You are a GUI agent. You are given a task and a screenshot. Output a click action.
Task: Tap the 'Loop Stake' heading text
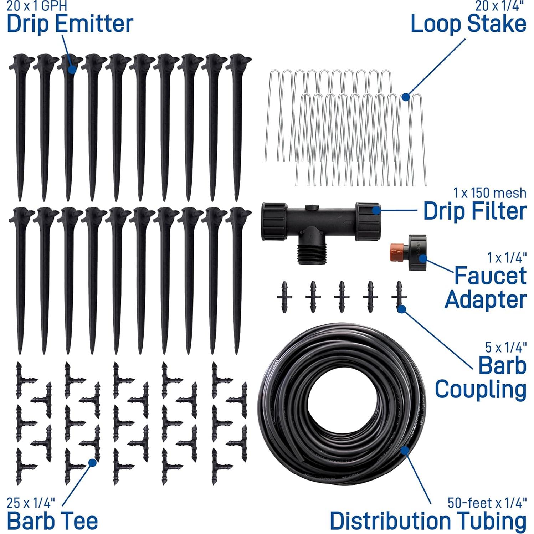point(468,24)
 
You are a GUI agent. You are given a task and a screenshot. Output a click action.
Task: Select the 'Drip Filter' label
point(474,211)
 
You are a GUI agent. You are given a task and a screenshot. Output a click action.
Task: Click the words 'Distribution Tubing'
point(428,521)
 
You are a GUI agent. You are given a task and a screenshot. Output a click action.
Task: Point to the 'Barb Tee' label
point(52,521)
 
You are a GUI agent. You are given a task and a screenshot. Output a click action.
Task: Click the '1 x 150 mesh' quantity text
point(489,193)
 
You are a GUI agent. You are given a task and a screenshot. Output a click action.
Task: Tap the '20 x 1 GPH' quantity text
point(37,6)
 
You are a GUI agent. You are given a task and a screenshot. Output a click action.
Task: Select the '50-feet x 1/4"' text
point(487,503)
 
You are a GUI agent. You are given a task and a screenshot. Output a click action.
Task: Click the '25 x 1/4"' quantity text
point(31,503)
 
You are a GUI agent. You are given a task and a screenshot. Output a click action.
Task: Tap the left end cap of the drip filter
point(274,221)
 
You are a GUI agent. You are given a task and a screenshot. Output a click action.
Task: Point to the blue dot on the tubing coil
point(404,450)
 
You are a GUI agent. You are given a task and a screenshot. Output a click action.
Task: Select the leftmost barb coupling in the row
point(284,297)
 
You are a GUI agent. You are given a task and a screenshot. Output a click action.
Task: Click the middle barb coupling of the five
point(342,297)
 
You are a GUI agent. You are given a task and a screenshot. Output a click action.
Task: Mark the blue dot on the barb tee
point(92,463)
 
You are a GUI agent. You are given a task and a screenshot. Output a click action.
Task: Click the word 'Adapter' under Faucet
point(486,299)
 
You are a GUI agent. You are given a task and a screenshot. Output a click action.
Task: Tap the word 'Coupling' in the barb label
point(480,389)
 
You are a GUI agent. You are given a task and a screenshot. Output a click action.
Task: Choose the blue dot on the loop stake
point(405,97)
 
